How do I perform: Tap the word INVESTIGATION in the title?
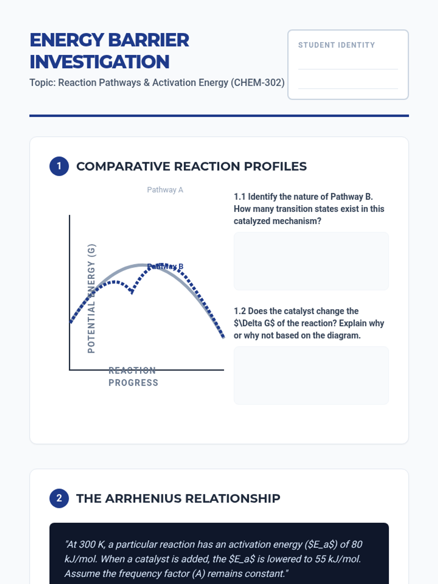coord(99,62)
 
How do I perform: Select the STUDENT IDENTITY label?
coord(336,45)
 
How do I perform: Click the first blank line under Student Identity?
coord(348,69)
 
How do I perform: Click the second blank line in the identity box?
coord(348,88)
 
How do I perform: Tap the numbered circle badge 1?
coord(59,166)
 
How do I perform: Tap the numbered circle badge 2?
coord(59,498)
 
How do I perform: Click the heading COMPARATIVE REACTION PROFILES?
coord(191,166)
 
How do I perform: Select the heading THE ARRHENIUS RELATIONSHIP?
coord(178,498)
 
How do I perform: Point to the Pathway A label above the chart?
coord(165,190)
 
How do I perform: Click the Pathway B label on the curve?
coord(165,267)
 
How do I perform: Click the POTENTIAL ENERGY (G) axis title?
coord(91,298)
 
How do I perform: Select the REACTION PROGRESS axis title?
coord(133,377)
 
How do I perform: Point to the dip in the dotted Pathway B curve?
coord(132,292)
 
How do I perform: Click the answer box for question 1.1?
coord(311,261)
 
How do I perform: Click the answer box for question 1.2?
coord(311,375)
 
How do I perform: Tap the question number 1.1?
coord(239,197)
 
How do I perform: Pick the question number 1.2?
coord(239,311)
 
